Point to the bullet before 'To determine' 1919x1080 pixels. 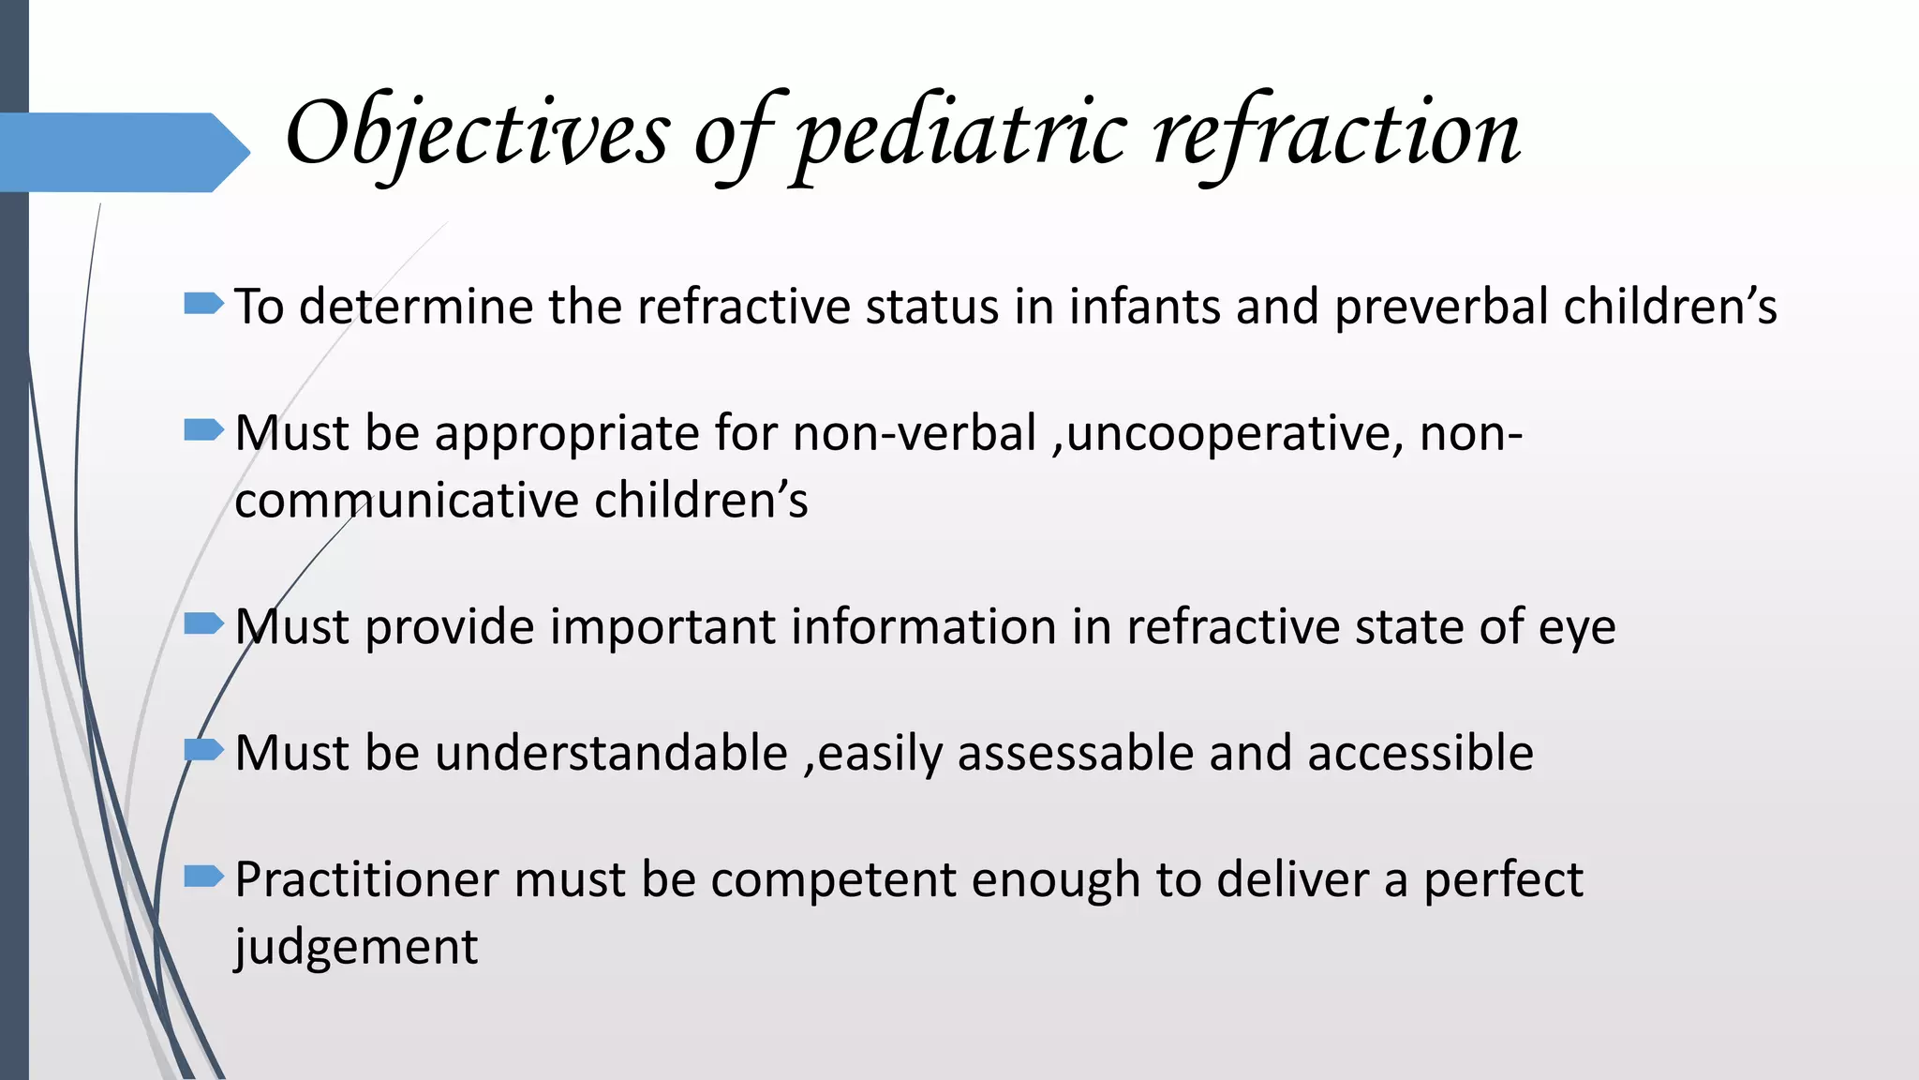point(203,303)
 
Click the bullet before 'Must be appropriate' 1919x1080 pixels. point(203,430)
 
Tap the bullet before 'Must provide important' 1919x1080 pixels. point(203,623)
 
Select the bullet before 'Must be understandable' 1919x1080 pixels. point(203,750)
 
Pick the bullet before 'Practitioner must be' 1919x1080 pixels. point(203,877)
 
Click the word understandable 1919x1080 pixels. point(611,753)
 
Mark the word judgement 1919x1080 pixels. point(356,947)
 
